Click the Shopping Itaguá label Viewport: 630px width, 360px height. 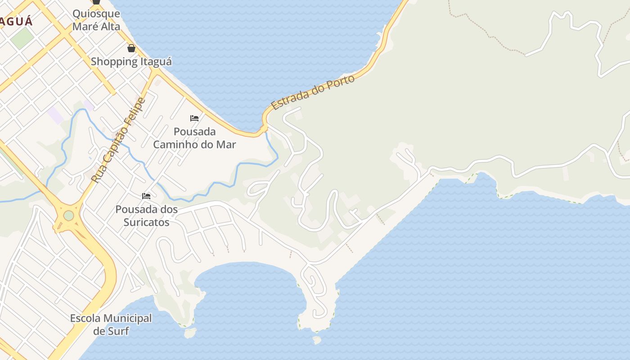(x=131, y=61)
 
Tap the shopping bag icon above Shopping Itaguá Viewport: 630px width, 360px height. (x=131, y=48)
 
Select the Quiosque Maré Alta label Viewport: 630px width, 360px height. (x=96, y=20)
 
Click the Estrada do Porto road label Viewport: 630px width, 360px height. (x=313, y=92)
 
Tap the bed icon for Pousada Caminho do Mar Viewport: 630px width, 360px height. (x=194, y=118)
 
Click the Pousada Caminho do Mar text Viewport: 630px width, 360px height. (x=194, y=138)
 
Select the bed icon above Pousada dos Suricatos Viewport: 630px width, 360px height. (x=146, y=196)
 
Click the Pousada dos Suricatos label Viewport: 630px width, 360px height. (x=146, y=216)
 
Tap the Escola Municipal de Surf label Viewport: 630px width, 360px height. (x=111, y=324)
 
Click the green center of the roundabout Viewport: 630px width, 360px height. (x=68, y=216)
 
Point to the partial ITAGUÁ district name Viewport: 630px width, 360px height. (x=16, y=21)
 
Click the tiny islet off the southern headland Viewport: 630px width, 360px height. (x=317, y=340)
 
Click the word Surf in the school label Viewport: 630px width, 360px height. (x=119, y=331)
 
